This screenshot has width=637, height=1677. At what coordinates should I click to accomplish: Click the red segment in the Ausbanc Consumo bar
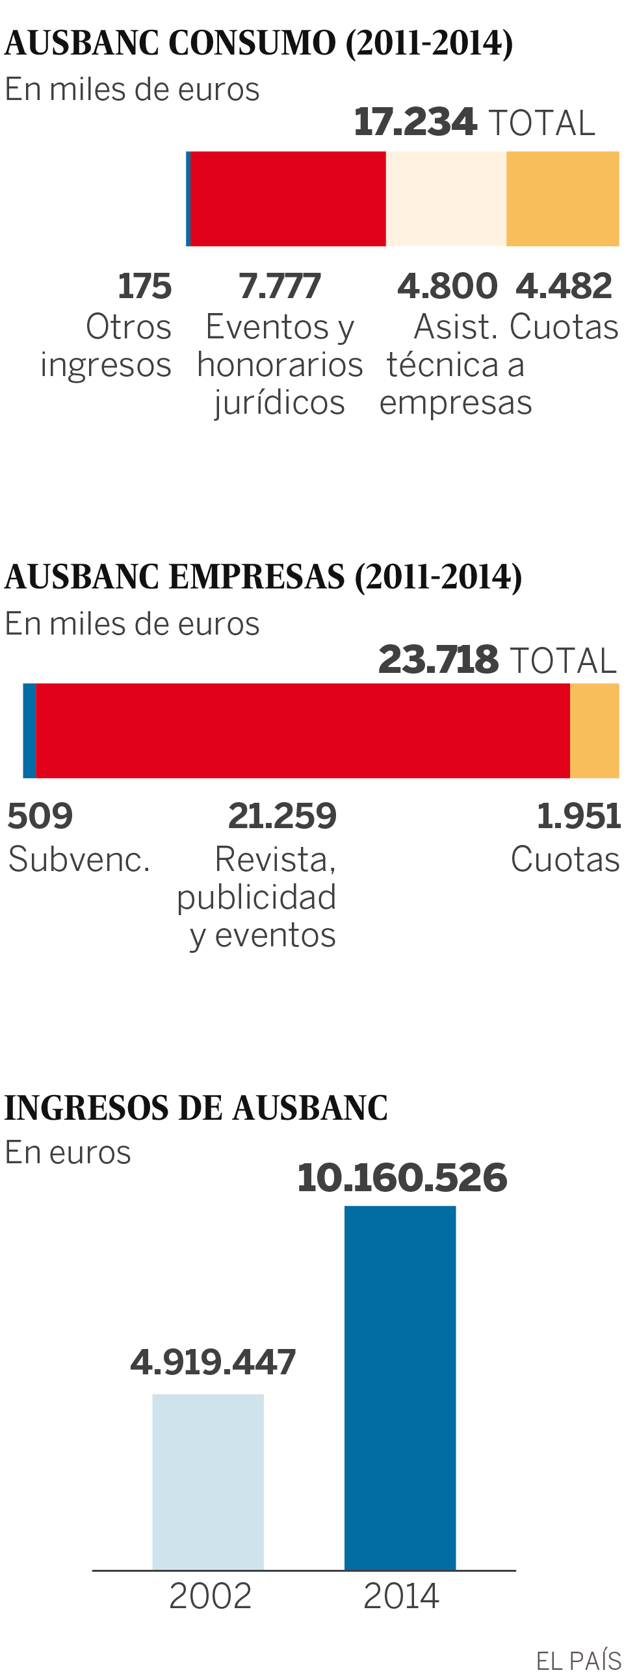(288, 199)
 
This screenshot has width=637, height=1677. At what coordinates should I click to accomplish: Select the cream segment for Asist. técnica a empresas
(446, 199)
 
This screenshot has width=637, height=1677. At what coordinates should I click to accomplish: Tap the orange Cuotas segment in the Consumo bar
(563, 199)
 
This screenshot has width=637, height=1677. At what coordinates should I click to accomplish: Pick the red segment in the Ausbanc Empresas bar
(303, 731)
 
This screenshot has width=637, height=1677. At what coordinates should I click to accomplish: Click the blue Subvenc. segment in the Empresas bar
(29, 731)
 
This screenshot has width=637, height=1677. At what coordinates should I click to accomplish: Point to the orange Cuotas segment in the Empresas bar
(595, 731)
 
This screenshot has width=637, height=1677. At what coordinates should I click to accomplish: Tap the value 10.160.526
(402, 1178)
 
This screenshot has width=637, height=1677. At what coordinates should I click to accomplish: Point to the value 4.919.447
(213, 1362)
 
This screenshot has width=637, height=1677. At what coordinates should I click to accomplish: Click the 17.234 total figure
(415, 122)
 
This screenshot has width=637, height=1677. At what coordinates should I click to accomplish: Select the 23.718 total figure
(438, 660)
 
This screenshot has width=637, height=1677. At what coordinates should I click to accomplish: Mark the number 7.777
(279, 286)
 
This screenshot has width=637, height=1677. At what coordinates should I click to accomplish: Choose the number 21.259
(282, 816)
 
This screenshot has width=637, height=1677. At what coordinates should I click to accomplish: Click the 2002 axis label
(210, 1596)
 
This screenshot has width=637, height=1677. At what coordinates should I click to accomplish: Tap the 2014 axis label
(401, 1596)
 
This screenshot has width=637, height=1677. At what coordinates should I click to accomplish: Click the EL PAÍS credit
(578, 1660)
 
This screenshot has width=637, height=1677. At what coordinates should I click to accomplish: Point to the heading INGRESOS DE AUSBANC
(196, 1108)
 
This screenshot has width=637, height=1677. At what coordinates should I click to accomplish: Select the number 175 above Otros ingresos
(144, 286)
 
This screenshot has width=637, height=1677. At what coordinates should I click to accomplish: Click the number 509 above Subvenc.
(40, 816)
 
